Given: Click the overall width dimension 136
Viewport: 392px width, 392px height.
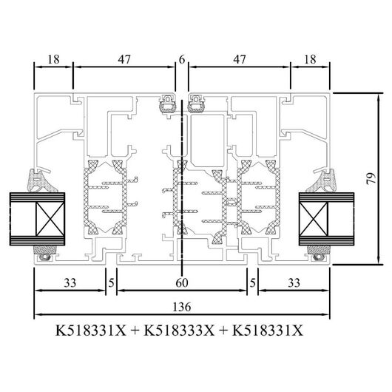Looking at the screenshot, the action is (x=182, y=307).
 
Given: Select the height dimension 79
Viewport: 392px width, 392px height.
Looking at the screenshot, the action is (x=371, y=178).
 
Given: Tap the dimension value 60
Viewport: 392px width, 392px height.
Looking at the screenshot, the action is (x=182, y=283).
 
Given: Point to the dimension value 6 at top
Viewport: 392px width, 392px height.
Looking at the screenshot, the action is (x=182, y=59).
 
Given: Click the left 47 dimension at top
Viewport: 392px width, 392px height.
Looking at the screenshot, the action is (x=124, y=59).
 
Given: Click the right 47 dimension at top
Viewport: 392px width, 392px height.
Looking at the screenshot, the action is (x=239, y=59).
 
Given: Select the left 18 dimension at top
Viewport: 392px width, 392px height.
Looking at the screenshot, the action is (x=53, y=59).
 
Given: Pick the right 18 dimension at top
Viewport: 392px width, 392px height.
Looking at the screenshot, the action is (x=310, y=59).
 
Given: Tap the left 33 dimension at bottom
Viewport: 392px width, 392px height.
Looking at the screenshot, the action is (x=70, y=283).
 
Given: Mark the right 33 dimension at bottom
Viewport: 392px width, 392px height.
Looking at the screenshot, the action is (x=294, y=283).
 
